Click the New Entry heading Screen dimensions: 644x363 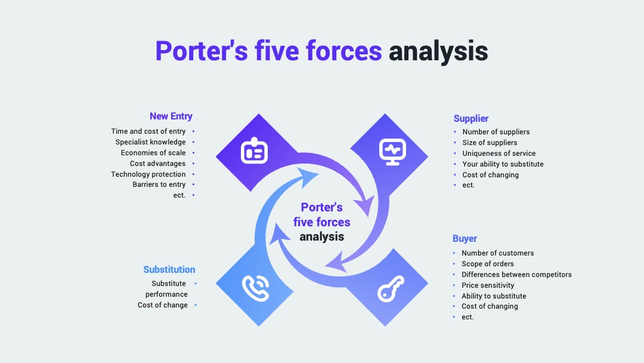tap(171, 116)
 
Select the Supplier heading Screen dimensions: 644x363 tap(470, 118)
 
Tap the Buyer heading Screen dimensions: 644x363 tap(465, 238)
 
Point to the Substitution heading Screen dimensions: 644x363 tap(169, 270)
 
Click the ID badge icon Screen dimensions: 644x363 tap(254, 150)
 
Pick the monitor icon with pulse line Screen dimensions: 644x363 tap(392, 152)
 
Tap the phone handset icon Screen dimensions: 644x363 tap(255, 288)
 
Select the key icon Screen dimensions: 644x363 tap(391, 288)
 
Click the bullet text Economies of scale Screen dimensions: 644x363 tap(153, 152)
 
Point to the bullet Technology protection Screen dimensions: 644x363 tap(148, 174)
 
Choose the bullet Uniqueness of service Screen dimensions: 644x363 tap(499, 153)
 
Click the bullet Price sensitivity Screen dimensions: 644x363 tap(488, 285)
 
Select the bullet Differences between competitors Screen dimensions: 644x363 tap(516, 275)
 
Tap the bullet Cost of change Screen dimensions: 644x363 tap(163, 305)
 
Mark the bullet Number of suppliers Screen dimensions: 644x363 tap(496, 132)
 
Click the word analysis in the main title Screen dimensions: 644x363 tap(438, 51)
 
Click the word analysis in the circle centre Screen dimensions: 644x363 tap(321, 237)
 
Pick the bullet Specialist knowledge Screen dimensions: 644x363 tap(150, 142)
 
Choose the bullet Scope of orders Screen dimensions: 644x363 tap(488, 264)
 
